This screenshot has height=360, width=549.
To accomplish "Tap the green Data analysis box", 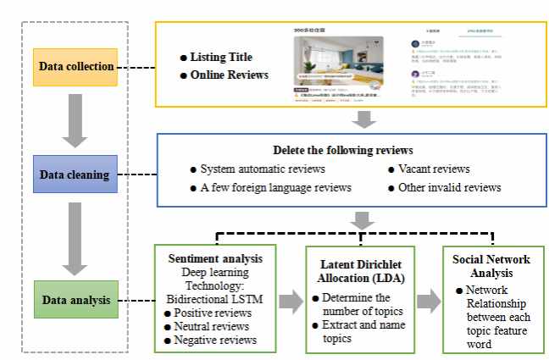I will pyautogui.click(x=76, y=299).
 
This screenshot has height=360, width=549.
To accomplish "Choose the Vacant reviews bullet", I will pyautogui.click(x=433, y=169).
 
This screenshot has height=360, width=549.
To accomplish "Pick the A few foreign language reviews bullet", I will pyautogui.click(x=274, y=187).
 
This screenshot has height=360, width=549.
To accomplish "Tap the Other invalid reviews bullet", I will pyautogui.click(x=449, y=187).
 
